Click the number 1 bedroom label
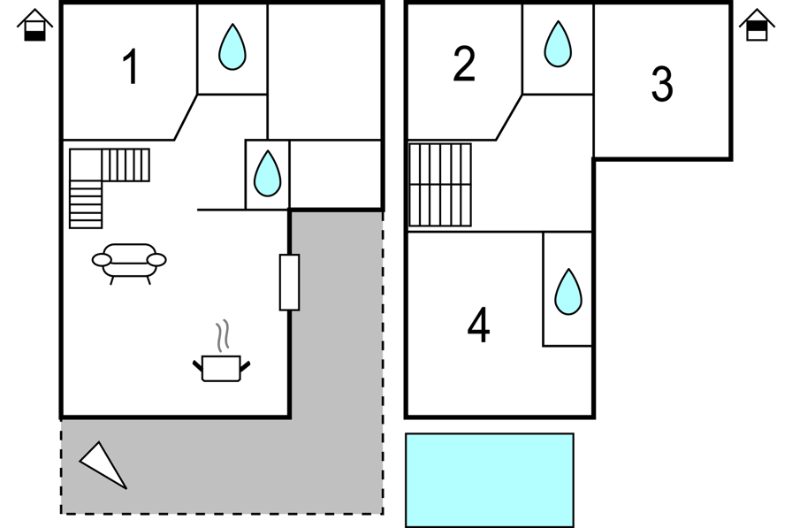[131, 66]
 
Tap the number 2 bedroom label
[464, 64]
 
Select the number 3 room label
[662, 84]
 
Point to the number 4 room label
[478, 325]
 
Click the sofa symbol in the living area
[129, 263]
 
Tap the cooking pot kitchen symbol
[221, 368]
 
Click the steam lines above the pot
[223, 335]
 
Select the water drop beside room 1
[232, 47]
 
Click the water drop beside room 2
[558, 44]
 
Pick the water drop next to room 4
[568, 292]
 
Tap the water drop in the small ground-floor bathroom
[267, 173]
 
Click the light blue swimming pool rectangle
[490, 480]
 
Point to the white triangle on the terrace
[103, 465]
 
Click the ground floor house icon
[34, 25]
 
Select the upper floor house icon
[757, 25]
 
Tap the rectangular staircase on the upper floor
[440, 185]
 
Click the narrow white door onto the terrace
[289, 282]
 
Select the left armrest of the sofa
[102, 260]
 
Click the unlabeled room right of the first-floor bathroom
[324, 72]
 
